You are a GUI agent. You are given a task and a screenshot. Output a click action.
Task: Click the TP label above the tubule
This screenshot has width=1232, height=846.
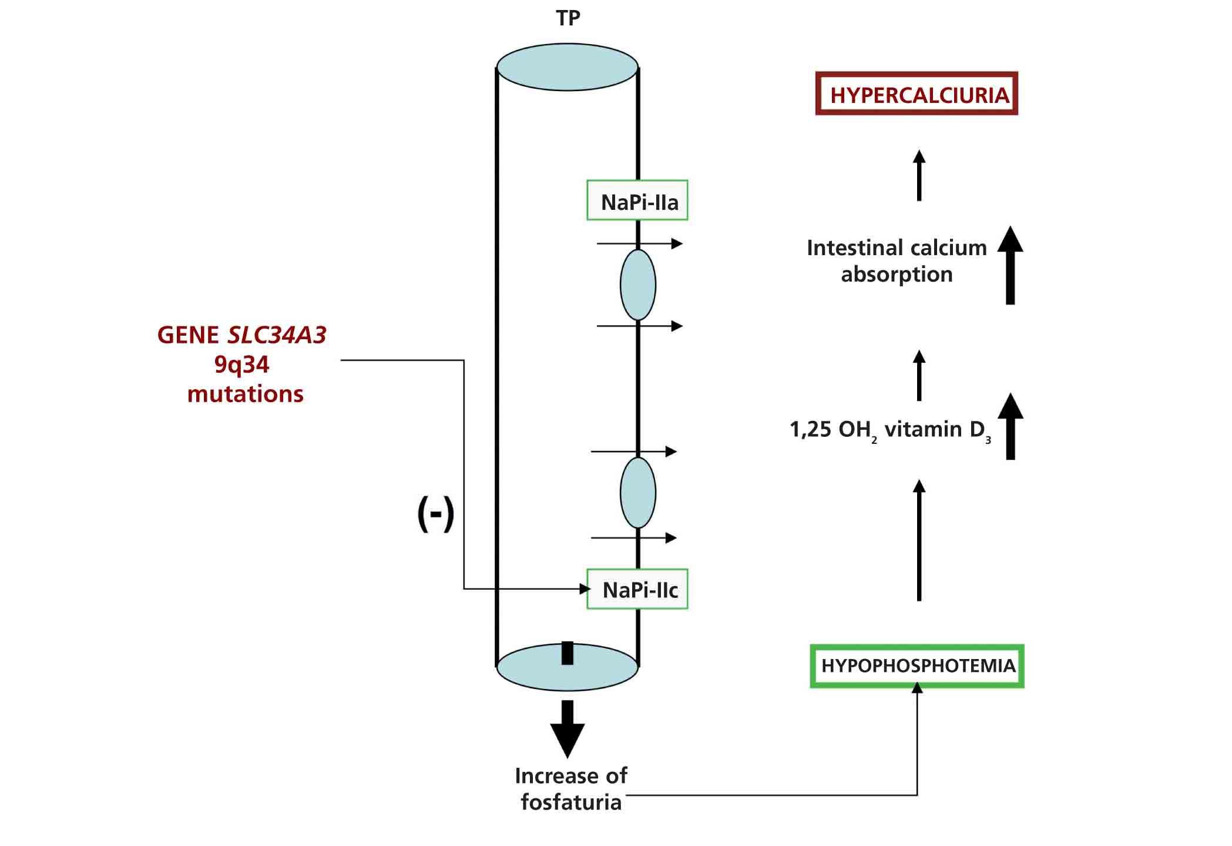(568, 18)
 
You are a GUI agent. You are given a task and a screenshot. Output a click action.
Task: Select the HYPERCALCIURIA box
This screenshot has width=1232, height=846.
(917, 93)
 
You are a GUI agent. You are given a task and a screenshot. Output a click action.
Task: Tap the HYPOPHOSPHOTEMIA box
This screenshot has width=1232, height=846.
(917, 666)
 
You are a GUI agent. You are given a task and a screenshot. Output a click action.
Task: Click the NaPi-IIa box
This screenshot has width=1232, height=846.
(637, 200)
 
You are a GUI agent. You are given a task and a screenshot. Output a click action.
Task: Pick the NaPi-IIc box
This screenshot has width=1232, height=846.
(637, 589)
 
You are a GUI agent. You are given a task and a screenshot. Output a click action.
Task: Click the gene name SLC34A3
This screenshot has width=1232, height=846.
(277, 335)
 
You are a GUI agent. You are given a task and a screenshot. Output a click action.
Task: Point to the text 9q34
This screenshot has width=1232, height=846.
(241, 365)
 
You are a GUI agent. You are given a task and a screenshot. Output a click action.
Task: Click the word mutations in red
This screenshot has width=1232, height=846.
(245, 394)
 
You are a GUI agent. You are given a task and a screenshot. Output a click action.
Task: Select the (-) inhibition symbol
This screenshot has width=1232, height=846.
(435, 513)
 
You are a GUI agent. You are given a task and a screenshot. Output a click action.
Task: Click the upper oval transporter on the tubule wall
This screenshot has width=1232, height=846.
(638, 285)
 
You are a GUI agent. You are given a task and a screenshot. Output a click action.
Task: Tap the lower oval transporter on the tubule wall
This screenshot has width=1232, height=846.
(638, 493)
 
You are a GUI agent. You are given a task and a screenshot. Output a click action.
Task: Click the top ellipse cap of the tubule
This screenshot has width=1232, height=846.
(568, 67)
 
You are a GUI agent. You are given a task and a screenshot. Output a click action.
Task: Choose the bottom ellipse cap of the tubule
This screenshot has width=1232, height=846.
(568, 667)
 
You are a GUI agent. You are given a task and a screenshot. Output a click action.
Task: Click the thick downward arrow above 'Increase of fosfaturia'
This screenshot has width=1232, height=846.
(568, 729)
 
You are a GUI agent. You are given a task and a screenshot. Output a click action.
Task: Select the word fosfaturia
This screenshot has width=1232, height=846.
(571, 802)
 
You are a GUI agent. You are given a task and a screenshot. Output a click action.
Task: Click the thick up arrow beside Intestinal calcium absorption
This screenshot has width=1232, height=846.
(1010, 265)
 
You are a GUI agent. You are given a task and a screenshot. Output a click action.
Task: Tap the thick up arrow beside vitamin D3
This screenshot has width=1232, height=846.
(1010, 426)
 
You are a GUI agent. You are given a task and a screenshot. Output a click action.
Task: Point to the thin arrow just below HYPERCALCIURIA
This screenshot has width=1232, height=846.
(919, 175)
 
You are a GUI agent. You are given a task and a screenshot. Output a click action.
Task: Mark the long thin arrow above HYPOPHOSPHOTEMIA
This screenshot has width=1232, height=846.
(919, 540)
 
